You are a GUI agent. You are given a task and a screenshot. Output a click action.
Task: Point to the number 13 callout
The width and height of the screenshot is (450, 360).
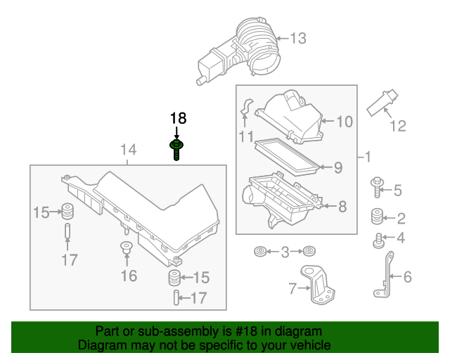click(x=298, y=38)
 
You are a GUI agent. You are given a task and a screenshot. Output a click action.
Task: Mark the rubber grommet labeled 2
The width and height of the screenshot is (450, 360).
click(x=377, y=215)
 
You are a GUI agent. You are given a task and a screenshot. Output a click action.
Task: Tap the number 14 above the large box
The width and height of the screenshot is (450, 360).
click(x=127, y=150)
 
